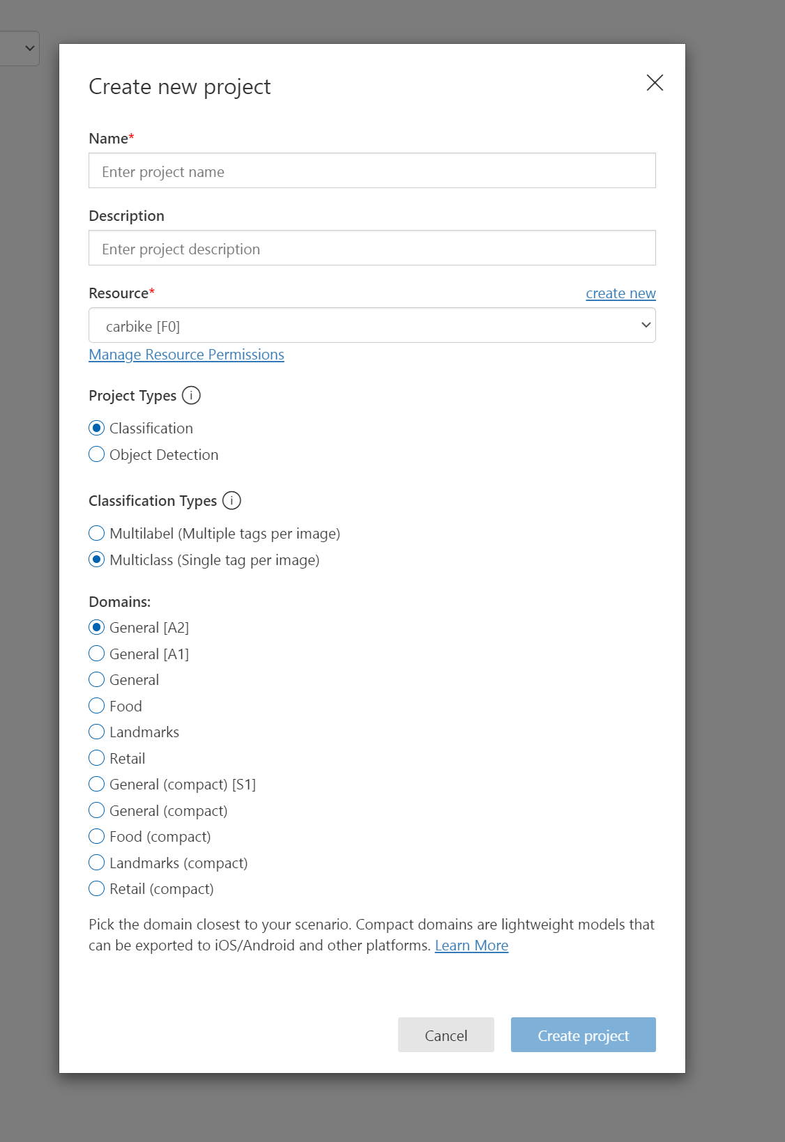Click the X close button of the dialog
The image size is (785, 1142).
[655, 83]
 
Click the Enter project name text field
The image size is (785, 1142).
[372, 171]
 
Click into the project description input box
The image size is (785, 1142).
[372, 249]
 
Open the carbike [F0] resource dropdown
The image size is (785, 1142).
[372, 326]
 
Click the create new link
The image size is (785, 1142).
[620, 293]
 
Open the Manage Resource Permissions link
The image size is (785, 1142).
[186, 355]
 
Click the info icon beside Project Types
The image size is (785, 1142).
[191, 396]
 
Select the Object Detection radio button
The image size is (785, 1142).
[97, 455]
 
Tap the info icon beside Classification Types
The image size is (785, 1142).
[231, 501]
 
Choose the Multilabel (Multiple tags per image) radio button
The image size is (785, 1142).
[97, 534]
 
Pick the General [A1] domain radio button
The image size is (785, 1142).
[97, 654]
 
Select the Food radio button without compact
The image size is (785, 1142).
[97, 706]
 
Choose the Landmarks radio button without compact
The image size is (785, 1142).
[97, 732]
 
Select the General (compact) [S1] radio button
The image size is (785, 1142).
[97, 785]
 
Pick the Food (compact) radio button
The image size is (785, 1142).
[97, 837]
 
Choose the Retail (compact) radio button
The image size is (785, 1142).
[97, 889]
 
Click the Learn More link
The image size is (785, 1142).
[471, 946]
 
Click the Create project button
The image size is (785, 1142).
[583, 1035]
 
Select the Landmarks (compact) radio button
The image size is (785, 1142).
[97, 863]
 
